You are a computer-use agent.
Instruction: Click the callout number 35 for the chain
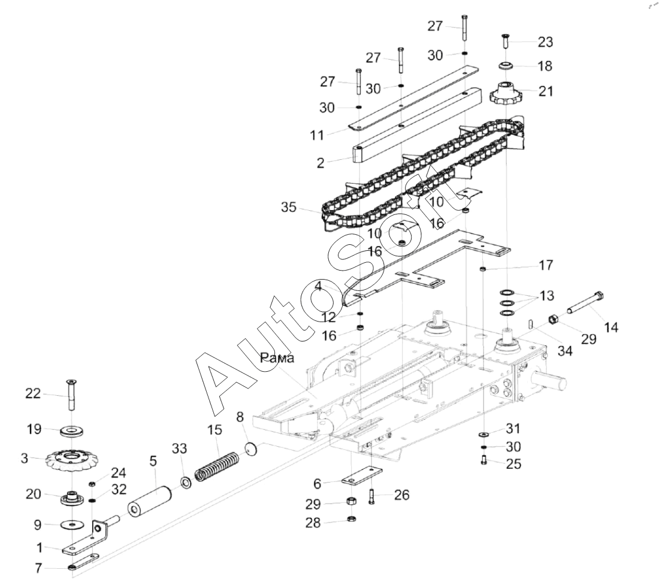[x=289, y=207]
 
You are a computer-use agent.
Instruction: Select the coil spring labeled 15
[x=217, y=466]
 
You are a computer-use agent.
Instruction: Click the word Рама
[x=277, y=358]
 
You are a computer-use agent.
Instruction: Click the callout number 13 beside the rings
[x=547, y=296]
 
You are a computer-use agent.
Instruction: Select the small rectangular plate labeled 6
[x=361, y=477]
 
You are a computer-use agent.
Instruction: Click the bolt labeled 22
[x=70, y=395]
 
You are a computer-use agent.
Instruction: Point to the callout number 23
[x=546, y=42]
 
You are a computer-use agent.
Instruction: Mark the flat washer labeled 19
[x=72, y=431]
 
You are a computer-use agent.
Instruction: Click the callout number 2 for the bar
[x=321, y=163]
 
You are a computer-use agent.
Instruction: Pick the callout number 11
[x=317, y=135]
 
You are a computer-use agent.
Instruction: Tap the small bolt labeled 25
[x=483, y=460]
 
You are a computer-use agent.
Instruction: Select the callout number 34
[x=565, y=351]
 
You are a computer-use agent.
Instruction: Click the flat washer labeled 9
[x=72, y=525]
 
